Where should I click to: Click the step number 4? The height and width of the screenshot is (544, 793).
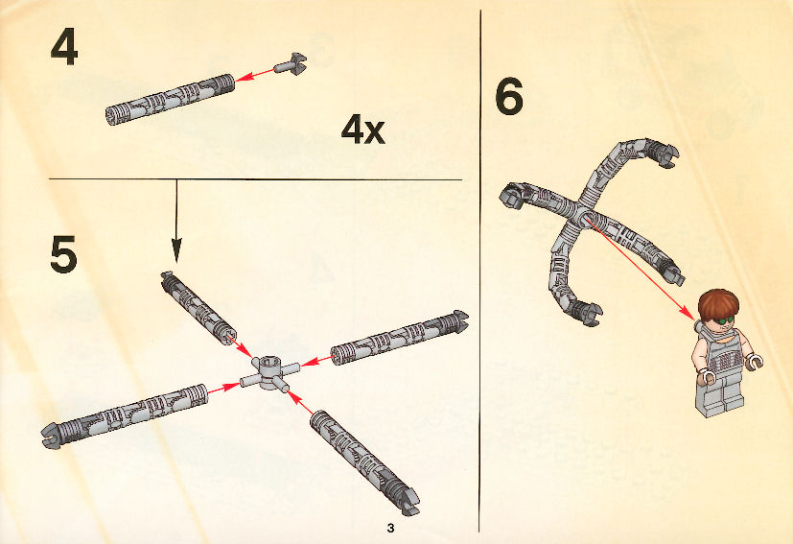coord(64,47)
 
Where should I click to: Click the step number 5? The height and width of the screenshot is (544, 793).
coord(63,254)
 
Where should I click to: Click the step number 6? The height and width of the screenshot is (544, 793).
coord(509,97)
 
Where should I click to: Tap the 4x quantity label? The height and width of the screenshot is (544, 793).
coord(363,129)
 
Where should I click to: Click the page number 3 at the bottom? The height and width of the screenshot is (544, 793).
coord(390,529)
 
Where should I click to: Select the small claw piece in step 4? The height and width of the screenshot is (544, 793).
coord(292,64)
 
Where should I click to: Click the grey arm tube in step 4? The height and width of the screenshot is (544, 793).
coord(171,99)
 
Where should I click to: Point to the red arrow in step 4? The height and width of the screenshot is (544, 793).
coord(255,75)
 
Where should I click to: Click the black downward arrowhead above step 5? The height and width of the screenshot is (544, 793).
coord(176,250)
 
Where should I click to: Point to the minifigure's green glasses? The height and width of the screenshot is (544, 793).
coord(724,319)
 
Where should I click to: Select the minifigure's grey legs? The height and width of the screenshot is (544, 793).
coord(721,394)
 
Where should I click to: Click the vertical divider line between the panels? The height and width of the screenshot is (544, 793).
coord(480,271)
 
